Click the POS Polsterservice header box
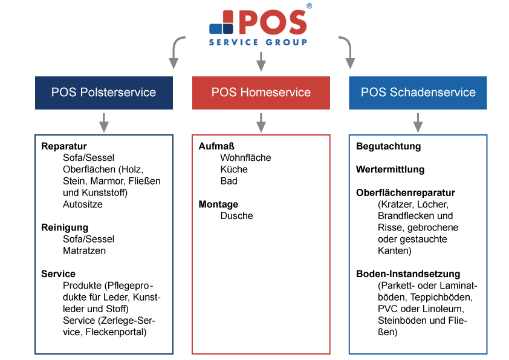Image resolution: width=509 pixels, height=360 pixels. [104, 93]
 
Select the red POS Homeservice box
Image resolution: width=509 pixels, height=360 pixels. [261, 93]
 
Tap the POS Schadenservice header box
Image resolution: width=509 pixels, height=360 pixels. [418, 93]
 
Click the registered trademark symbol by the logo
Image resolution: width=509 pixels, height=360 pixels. [309, 6]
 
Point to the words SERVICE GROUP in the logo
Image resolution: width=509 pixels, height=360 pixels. [258, 42]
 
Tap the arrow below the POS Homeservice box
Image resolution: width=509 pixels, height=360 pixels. [261, 123]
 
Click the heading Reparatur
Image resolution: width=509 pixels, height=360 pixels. [64, 146]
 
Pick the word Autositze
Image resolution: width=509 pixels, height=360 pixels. [83, 205]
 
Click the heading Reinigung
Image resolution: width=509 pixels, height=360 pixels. [65, 227]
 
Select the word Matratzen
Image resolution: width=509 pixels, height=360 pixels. [85, 251]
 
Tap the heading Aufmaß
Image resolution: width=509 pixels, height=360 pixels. [216, 146]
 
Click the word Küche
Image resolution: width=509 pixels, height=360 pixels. [234, 169]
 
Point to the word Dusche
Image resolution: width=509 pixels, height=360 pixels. [236, 216]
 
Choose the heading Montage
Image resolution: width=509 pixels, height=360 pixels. [218, 205]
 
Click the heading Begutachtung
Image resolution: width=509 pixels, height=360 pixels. [389, 146]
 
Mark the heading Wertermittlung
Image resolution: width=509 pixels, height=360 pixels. [390, 169]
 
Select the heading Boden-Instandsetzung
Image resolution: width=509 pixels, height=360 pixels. [408, 274]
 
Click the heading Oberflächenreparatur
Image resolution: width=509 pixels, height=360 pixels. [406, 192]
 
